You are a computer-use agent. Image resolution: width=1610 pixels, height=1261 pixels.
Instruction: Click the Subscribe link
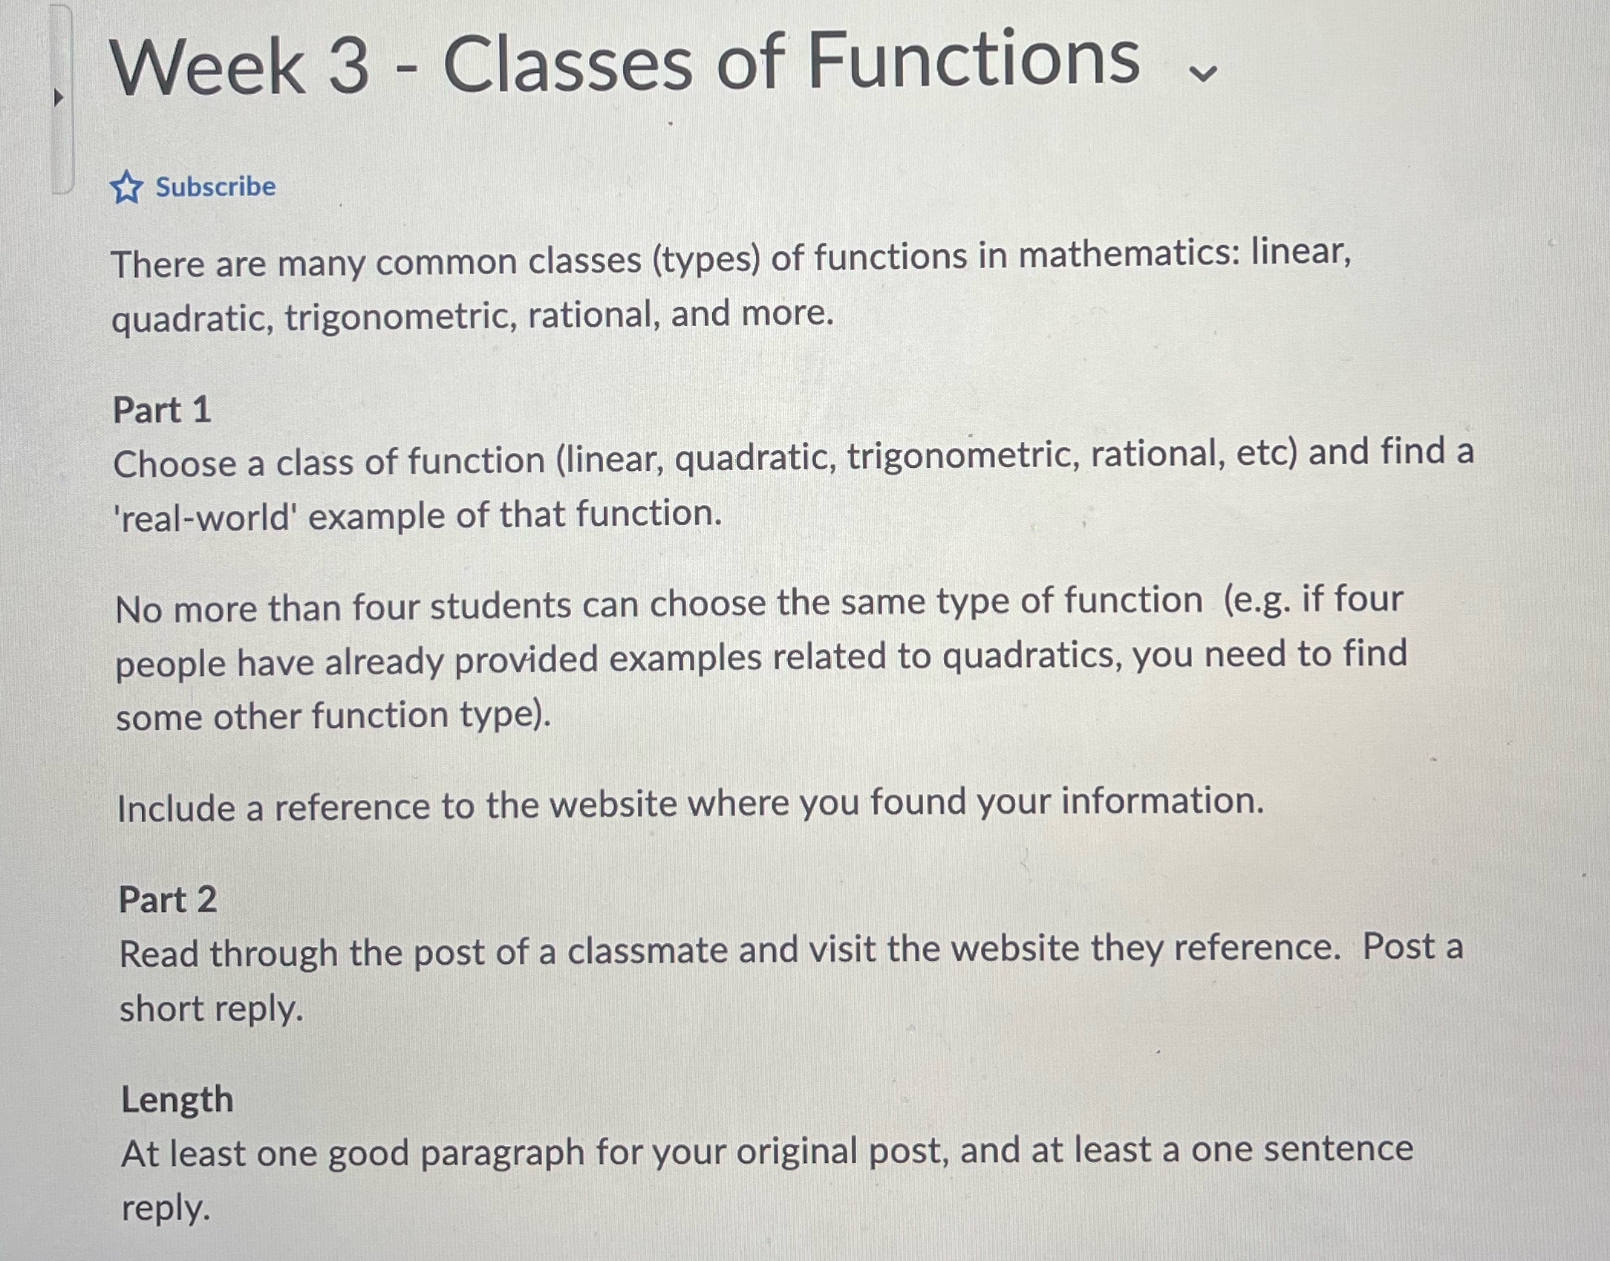pyautogui.click(x=215, y=186)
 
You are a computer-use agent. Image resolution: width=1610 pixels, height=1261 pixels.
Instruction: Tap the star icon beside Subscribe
pyautogui.click(x=126, y=187)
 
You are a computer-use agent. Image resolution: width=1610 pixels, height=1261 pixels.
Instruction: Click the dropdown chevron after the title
pyautogui.click(x=1202, y=73)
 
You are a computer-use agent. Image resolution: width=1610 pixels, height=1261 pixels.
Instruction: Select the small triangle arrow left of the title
pyautogui.click(x=59, y=97)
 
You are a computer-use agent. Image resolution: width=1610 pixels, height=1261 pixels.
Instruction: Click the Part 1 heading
pyautogui.click(x=162, y=409)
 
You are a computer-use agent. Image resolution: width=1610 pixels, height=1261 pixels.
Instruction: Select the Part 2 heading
pyautogui.click(x=168, y=899)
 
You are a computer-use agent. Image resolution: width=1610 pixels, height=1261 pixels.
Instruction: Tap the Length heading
pyautogui.click(x=177, y=1099)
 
